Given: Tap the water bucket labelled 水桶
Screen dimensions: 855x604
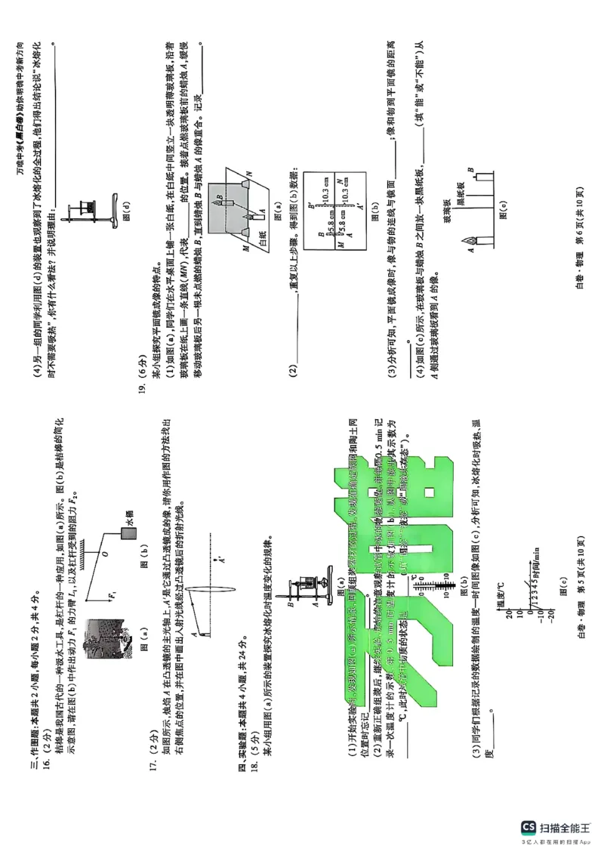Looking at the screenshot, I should pos(129,532).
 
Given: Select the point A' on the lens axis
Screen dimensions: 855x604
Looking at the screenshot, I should pos(219,558).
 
